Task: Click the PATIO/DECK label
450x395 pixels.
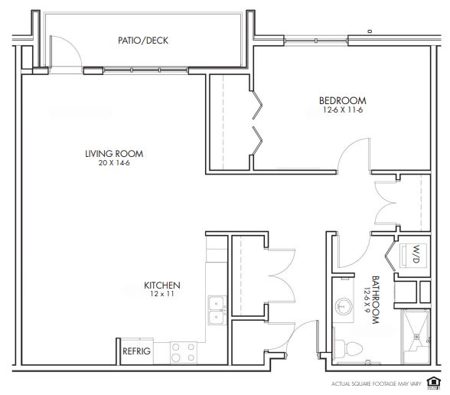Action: (143, 41)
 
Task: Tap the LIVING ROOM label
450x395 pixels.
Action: (114, 154)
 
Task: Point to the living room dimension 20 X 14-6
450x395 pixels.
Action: (114, 163)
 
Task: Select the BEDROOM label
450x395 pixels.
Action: (343, 100)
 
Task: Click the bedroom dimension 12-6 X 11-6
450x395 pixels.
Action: (343, 109)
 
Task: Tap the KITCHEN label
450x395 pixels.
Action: (162, 286)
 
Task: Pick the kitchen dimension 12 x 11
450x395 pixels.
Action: (162, 294)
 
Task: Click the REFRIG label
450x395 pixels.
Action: (136, 351)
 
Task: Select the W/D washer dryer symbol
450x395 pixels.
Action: (413, 256)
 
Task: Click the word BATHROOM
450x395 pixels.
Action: (376, 300)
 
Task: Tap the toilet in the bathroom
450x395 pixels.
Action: (348, 349)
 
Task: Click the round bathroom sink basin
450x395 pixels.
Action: (343, 306)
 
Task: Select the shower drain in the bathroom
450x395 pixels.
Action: (416, 336)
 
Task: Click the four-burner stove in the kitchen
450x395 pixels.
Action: (184, 352)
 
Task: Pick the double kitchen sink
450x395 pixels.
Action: (217, 310)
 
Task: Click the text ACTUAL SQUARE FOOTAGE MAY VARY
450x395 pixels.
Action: (377, 384)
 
